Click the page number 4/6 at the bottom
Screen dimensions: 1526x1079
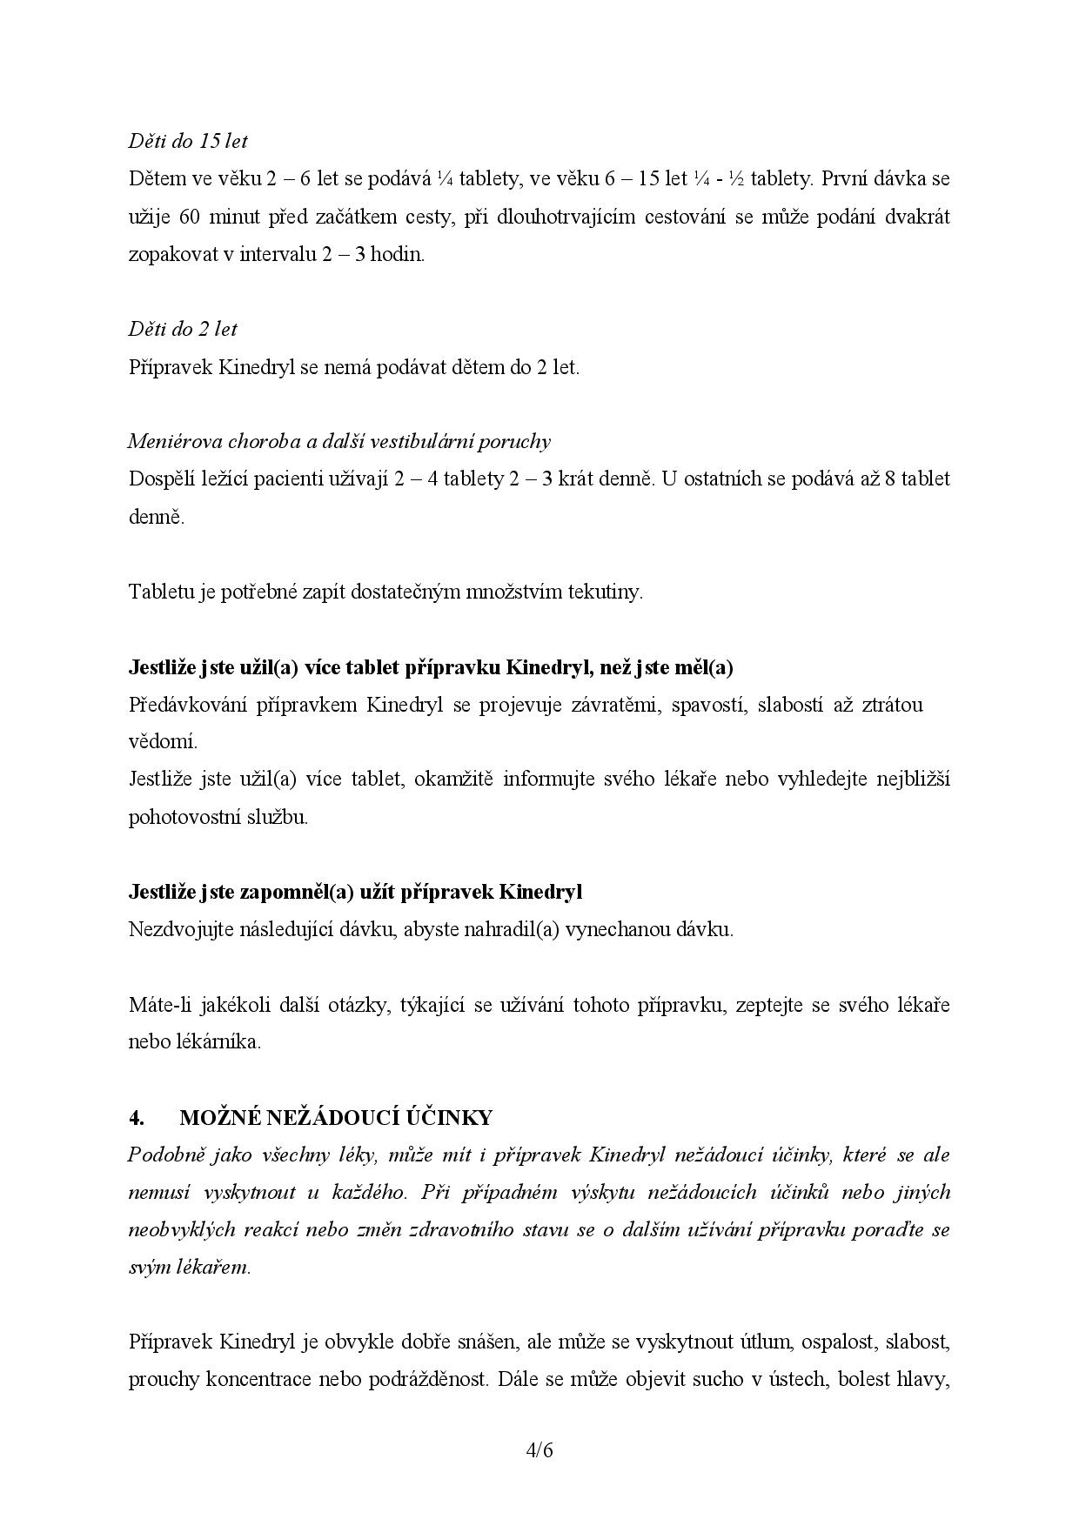tap(539, 1450)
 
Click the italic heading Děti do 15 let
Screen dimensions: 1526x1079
tap(188, 141)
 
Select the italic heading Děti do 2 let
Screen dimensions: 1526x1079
tap(183, 329)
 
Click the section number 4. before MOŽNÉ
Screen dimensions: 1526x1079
tap(136, 1117)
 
